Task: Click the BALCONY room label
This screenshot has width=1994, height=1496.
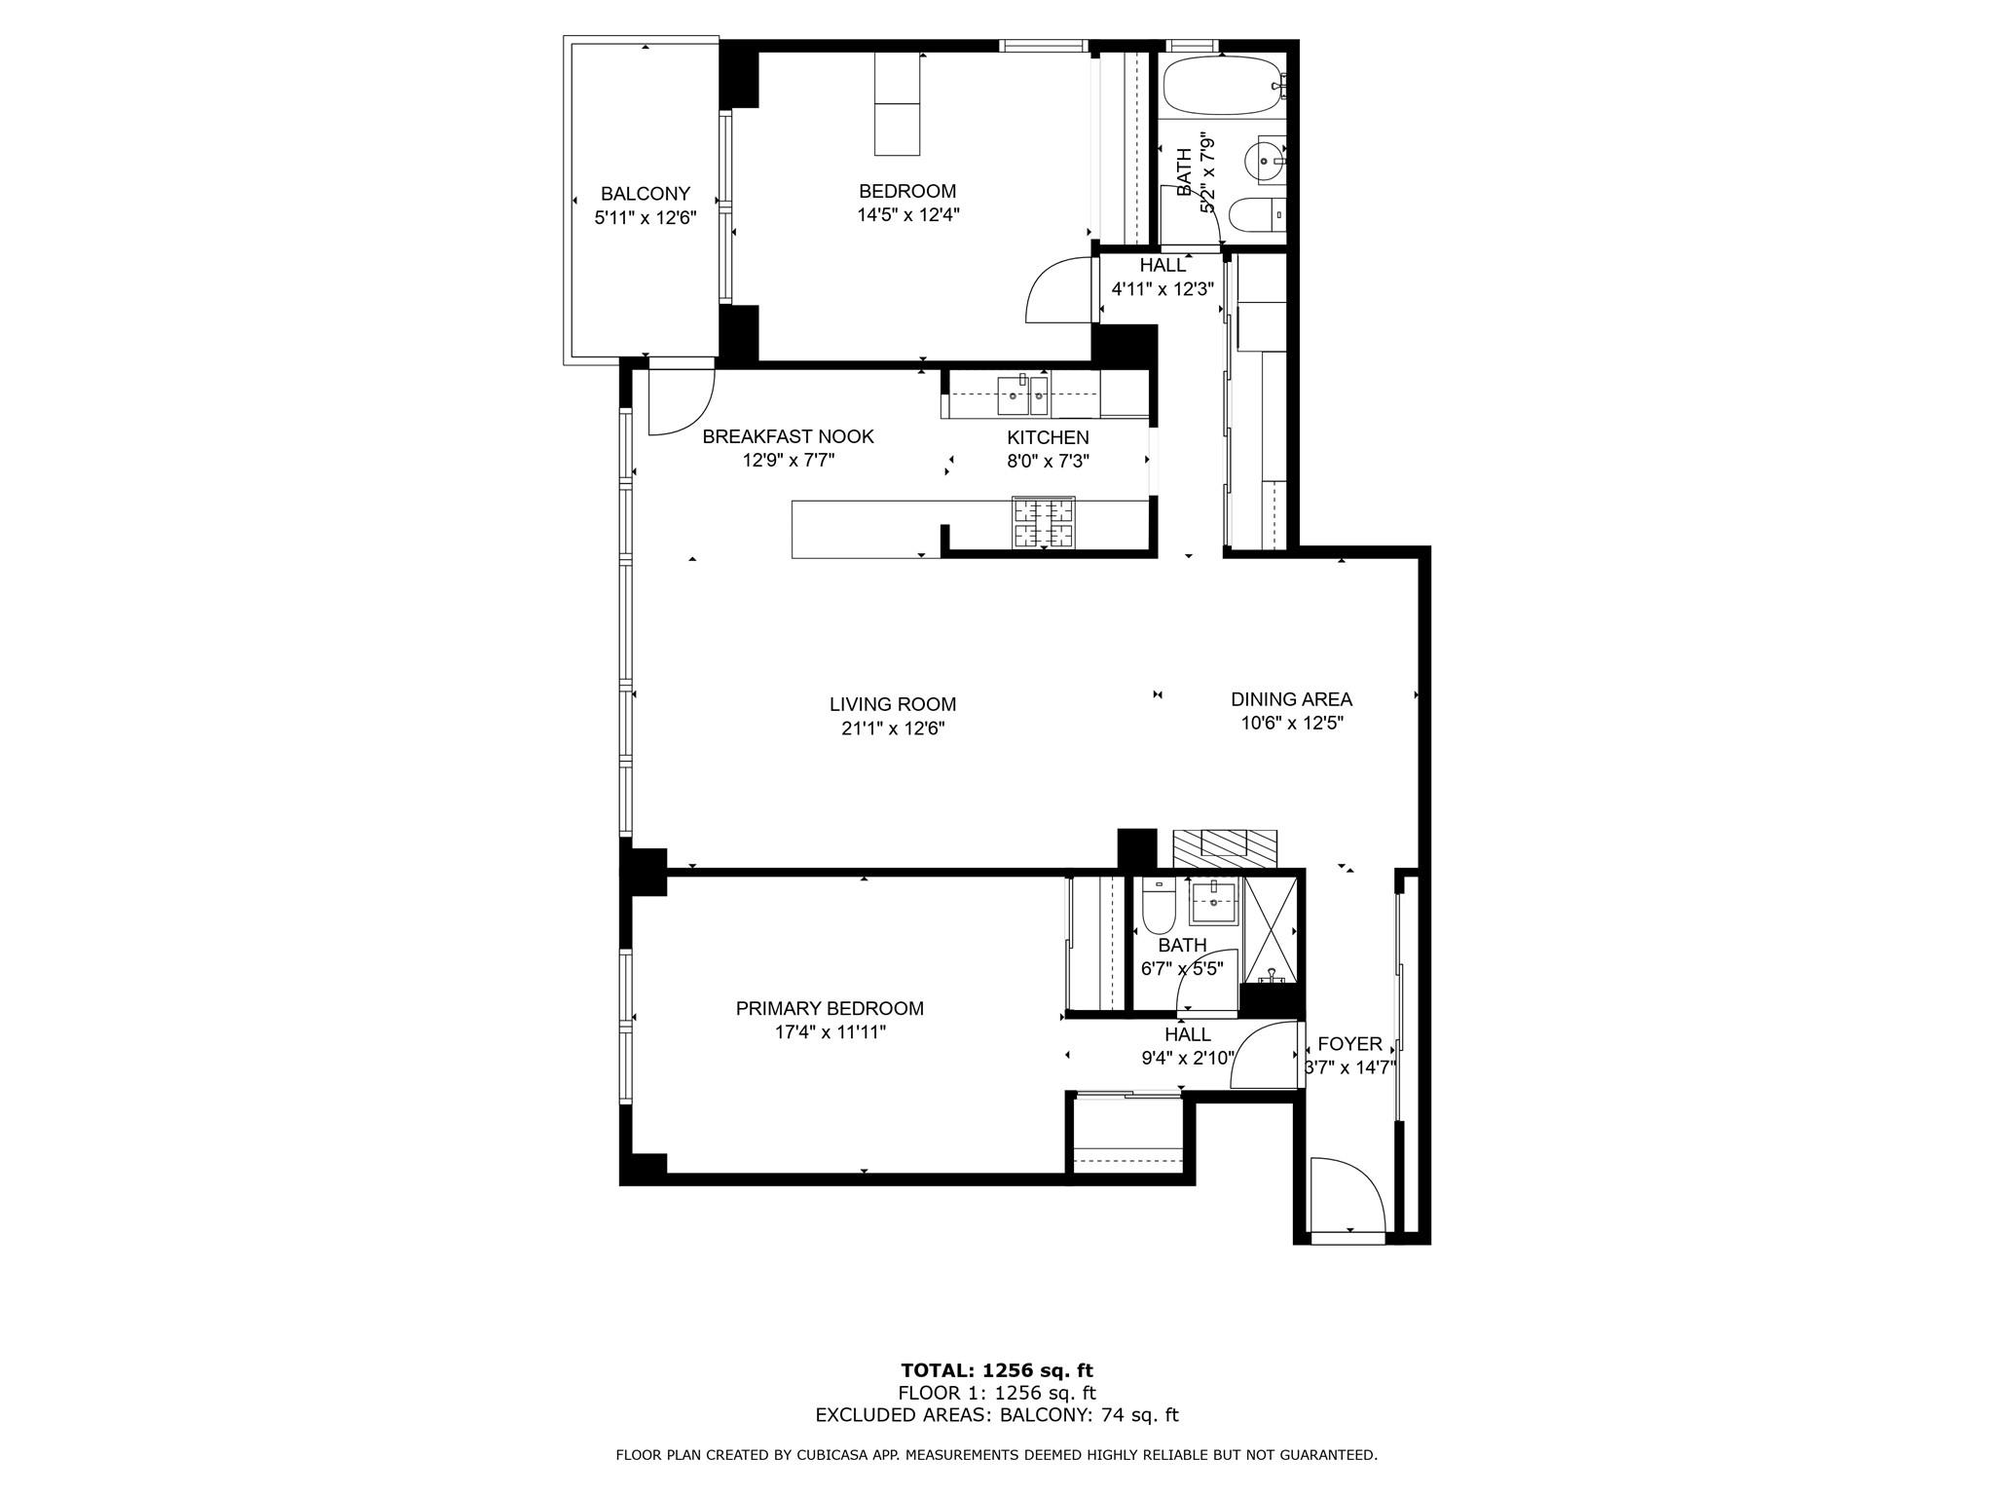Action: (645, 194)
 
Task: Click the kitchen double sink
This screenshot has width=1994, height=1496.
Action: (1022, 394)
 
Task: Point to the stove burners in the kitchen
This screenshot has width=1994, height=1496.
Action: (1044, 523)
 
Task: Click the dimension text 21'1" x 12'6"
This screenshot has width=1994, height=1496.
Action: (893, 728)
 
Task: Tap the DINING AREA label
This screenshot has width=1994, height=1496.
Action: (1291, 699)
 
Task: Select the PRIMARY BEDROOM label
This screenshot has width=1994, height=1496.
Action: (830, 1009)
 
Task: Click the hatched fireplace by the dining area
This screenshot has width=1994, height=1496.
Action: (1224, 847)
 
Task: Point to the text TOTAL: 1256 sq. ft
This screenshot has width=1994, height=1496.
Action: (996, 1370)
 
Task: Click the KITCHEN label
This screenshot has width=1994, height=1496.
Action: (1048, 438)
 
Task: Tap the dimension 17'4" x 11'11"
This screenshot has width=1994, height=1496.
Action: (830, 1032)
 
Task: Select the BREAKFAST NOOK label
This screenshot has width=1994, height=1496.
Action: (788, 437)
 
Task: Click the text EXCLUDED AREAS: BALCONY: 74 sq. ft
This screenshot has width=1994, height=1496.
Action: (996, 1415)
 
